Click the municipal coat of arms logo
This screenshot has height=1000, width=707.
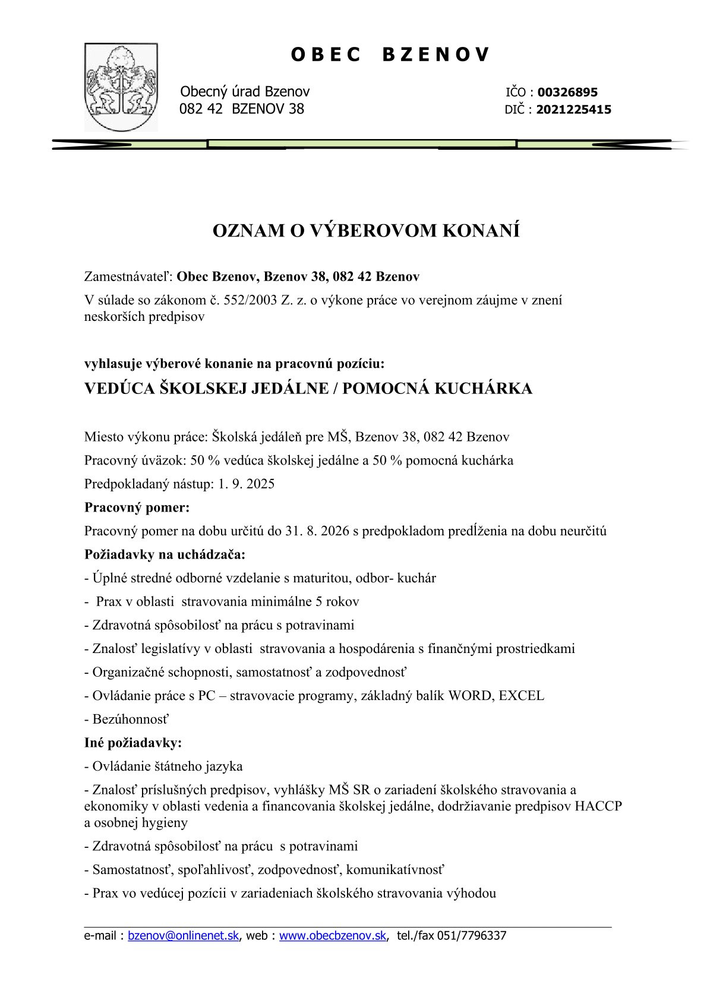click(121, 87)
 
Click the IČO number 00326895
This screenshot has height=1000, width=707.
click(567, 92)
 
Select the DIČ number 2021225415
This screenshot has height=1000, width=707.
click(573, 109)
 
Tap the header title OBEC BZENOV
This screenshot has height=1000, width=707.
click(390, 55)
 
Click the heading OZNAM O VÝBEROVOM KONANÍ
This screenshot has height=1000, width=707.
click(366, 231)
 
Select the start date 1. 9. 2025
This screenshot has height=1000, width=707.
click(246, 484)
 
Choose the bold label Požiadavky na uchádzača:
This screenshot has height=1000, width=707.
click(165, 554)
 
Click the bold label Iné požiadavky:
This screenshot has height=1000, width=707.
click(133, 743)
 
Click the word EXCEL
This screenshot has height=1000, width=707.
click(521, 695)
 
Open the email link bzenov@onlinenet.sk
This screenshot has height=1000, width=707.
click(183, 936)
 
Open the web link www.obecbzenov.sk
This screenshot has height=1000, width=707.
click(333, 936)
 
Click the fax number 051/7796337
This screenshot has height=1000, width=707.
click(471, 936)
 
